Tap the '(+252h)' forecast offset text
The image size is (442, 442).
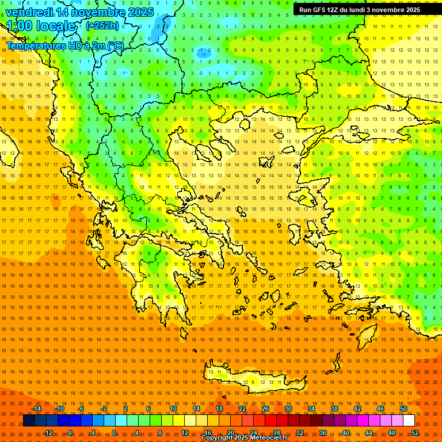[x=102, y=25]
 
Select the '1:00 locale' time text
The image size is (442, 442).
[x=41, y=26]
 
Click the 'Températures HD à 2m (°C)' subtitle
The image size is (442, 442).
[x=65, y=45]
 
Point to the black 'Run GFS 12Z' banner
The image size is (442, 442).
[x=365, y=10]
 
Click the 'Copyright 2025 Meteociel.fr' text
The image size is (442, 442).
[x=244, y=438]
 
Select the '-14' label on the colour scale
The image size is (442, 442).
[x=36, y=409]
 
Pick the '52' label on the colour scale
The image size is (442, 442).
[x=415, y=433]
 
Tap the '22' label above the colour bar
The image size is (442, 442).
[x=242, y=409]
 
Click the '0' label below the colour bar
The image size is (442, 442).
[x=114, y=433]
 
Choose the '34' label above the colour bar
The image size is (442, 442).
[x=311, y=409]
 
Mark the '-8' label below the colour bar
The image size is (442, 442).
[x=70, y=433]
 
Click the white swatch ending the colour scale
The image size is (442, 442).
[x=409, y=421]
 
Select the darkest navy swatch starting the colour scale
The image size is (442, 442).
[x=29, y=421]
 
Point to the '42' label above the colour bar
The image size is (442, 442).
[x=357, y=409]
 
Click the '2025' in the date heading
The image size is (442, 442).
[x=140, y=12]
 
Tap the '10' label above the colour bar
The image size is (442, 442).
[x=173, y=409]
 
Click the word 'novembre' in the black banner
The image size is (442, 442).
[x=390, y=10]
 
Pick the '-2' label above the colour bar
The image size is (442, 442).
[x=104, y=409]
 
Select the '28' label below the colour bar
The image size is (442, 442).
[x=277, y=433]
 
